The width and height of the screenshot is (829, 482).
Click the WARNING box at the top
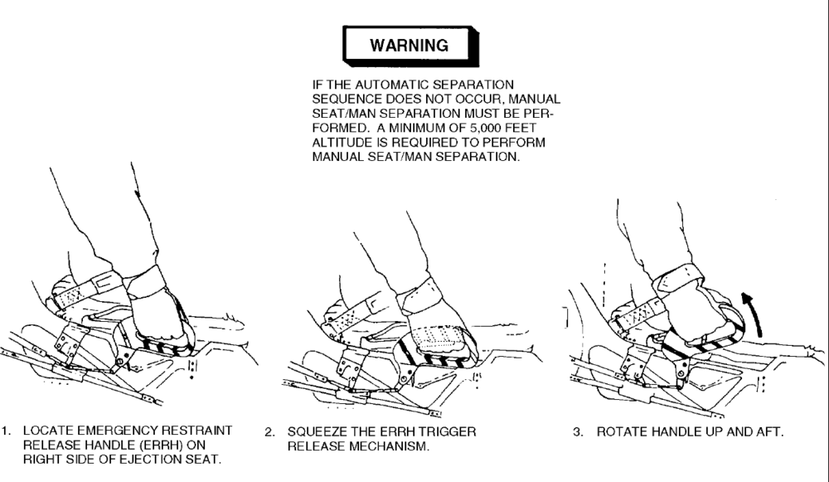click(x=411, y=46)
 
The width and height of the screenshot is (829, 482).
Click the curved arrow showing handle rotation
click(x=753, y=314)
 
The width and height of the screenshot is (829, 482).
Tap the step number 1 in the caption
click(x=6, y=431)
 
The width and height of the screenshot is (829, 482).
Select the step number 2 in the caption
click(x=269, y=431)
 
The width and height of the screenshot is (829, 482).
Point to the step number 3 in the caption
click(x=579, y=431)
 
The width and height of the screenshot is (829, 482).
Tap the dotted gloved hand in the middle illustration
click(x=438, y=324)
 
